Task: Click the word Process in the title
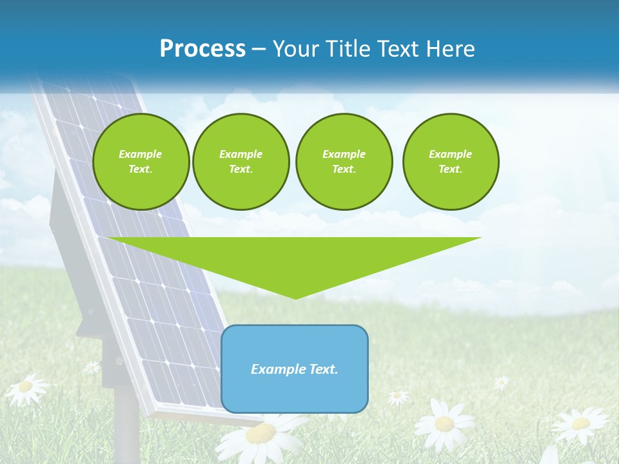coord(202,49)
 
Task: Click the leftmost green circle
coord(141,162)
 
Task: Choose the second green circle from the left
coord(241,162)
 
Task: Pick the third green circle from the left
coord(344,162)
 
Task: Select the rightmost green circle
coord(450,162)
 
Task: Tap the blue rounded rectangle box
coord(295,369)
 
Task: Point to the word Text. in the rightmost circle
coord(450,169)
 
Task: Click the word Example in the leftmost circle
coord(141,154)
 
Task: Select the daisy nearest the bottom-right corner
coord(580,423)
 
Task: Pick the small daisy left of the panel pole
coord(92,367)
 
